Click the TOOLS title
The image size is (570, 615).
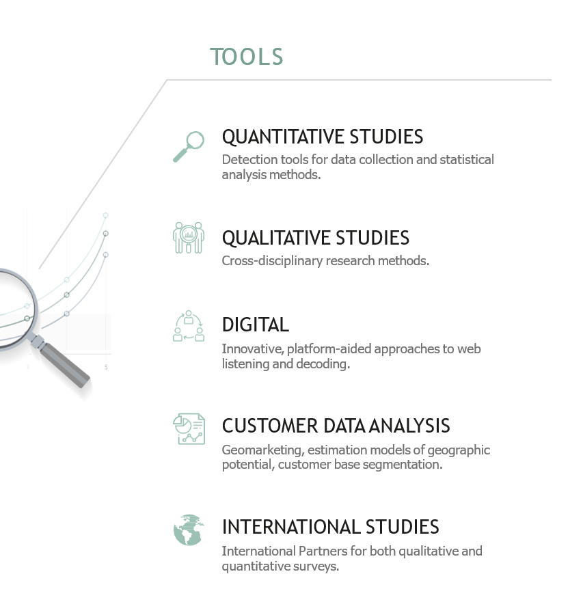tap(246, 57)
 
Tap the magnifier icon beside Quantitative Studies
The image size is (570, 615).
tap(189, 147)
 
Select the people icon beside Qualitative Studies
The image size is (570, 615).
tap(189, 238)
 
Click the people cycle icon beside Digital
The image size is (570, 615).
tap(189, 326)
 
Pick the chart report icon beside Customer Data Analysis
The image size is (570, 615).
tap(189, 429)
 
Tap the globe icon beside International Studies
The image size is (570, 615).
tap(189, 530)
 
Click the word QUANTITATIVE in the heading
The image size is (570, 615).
tap(282, 137)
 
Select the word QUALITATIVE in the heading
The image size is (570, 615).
tap(276, 238)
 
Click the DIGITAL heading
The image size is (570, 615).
tap(256, 325)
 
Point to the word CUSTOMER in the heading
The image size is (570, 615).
tap(270, 426)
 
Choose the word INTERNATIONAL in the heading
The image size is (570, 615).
tap(290, 527)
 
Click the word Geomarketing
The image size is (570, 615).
tap(263, 450)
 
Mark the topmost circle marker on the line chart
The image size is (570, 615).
tap(105, 215)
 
